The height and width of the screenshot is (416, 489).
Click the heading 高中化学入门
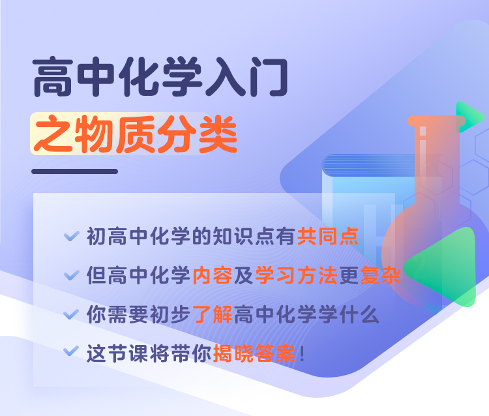(160, 76)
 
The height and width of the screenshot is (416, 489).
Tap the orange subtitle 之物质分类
(136, 134)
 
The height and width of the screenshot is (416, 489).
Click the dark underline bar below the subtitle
(74, 171)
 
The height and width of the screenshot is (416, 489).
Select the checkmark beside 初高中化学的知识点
(72, 236)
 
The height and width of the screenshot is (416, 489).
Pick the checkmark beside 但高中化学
(72, 275)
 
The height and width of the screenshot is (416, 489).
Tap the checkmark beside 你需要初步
(72, 314)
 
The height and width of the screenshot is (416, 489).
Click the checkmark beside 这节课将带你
(72, 351)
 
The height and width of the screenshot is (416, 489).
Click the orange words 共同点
(328, 237)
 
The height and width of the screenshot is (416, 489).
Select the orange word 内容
(213, 275)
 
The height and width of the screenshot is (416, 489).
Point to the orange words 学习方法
(297, 275)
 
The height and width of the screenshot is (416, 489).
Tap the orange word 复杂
(381, 275)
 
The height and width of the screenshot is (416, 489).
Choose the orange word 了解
(213, 314)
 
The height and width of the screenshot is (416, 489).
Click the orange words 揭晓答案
(254, 353)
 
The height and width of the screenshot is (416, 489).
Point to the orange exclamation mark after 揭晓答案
(302, 354)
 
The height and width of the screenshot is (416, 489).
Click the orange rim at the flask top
(437, 121)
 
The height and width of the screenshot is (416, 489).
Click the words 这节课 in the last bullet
(117, 353)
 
